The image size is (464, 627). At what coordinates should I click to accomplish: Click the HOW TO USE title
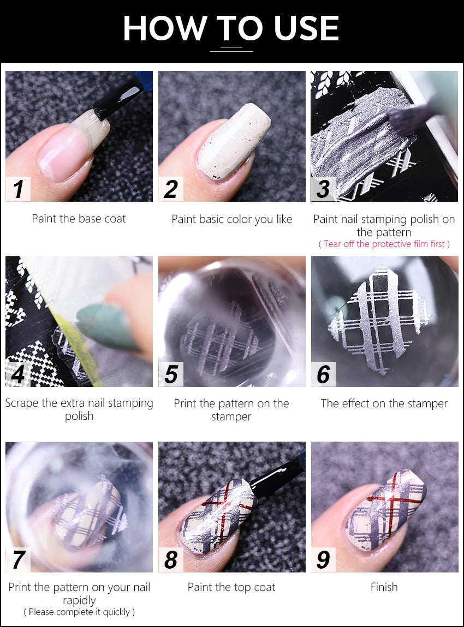pyautogui.click(x=231, y=28)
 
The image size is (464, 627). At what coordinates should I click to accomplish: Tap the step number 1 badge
pyautogui.click(x=18, y=189)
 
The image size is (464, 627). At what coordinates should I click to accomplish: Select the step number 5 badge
pyautogui.click(x=171, y=375)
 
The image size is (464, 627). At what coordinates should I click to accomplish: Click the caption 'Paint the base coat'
pyautogui.click(x=79, y=219)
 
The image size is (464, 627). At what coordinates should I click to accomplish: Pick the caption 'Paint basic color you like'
pyautogui.click(x=231, y=219)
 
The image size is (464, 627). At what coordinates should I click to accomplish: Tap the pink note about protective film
pyautogui.click(x=384, y=244)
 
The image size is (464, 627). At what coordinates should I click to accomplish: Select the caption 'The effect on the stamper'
pyautogui.click(x=384, y=403)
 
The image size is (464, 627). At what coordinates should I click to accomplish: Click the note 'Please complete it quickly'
pyautogui.click(x=79, y=612)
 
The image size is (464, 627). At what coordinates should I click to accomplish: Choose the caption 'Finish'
pyautogui.click(x=384, y=587)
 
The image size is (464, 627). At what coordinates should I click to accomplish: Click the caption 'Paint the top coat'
pyautogui.click(x=231, y=587)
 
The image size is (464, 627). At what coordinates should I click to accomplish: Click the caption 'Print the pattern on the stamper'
pyautogui.click(x=231, y=410)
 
